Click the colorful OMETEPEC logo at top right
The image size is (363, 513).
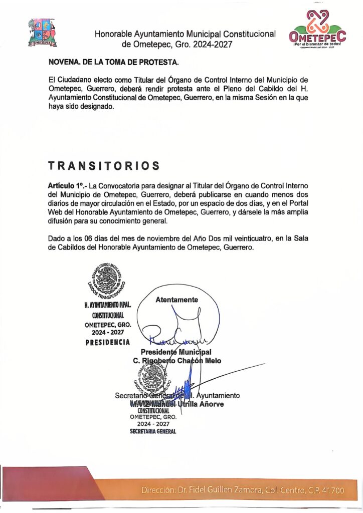317,30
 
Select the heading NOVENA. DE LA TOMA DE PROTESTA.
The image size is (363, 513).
113,63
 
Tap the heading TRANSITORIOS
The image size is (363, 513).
104,166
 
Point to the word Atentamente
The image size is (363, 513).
176,300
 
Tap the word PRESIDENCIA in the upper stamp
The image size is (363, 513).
108,342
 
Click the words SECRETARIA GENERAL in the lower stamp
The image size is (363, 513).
153,431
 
